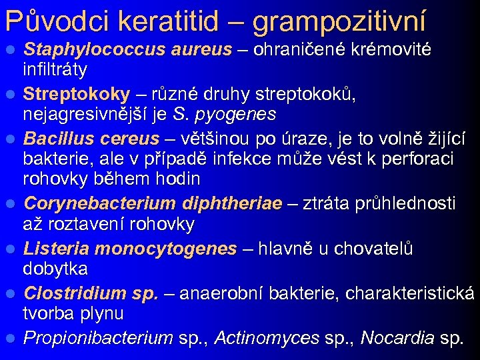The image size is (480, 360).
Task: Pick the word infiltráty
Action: pos(55,69)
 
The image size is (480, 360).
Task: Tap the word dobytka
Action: pos(55,269)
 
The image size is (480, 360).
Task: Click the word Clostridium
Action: pos(75,293)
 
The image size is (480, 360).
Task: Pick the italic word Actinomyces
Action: pos(266,338)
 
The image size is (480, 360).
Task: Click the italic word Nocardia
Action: pos(397,338)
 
